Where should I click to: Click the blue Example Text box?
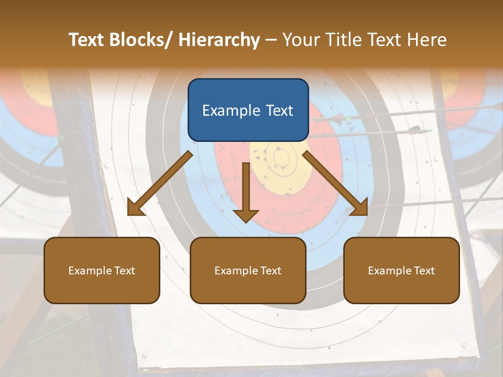tap(248, 110)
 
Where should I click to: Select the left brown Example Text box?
tap(102, 270)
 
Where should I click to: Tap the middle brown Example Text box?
tap(248, 270)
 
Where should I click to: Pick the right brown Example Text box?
tap(401, 270)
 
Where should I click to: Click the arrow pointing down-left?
tap(160, 184)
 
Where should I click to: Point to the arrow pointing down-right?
tap(335, 183)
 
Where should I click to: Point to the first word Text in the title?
tap(86, 40)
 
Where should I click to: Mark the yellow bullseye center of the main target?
tap(279, 157)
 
